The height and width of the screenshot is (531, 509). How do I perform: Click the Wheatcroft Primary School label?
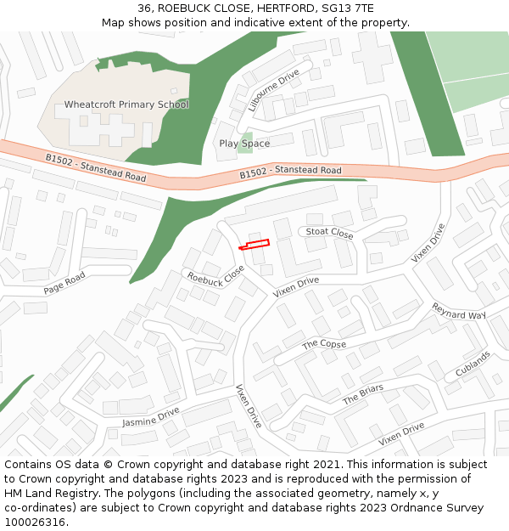(126, 105)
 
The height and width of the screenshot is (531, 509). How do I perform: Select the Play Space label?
(244, 144)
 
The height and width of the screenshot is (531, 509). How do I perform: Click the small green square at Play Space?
(246, 137)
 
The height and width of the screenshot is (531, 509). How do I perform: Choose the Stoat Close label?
(329, 232)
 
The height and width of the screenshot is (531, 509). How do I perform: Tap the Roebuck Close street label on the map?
(215, 275)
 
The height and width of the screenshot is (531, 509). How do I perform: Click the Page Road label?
(64, 284)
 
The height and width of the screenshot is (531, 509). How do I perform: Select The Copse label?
(324, 344)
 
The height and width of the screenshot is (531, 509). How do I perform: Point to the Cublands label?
(473, 364)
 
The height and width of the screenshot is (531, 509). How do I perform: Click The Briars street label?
(362, 394)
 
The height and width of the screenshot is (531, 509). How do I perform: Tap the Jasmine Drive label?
(150, 417)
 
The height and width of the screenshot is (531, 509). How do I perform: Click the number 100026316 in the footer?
(35, 522)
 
